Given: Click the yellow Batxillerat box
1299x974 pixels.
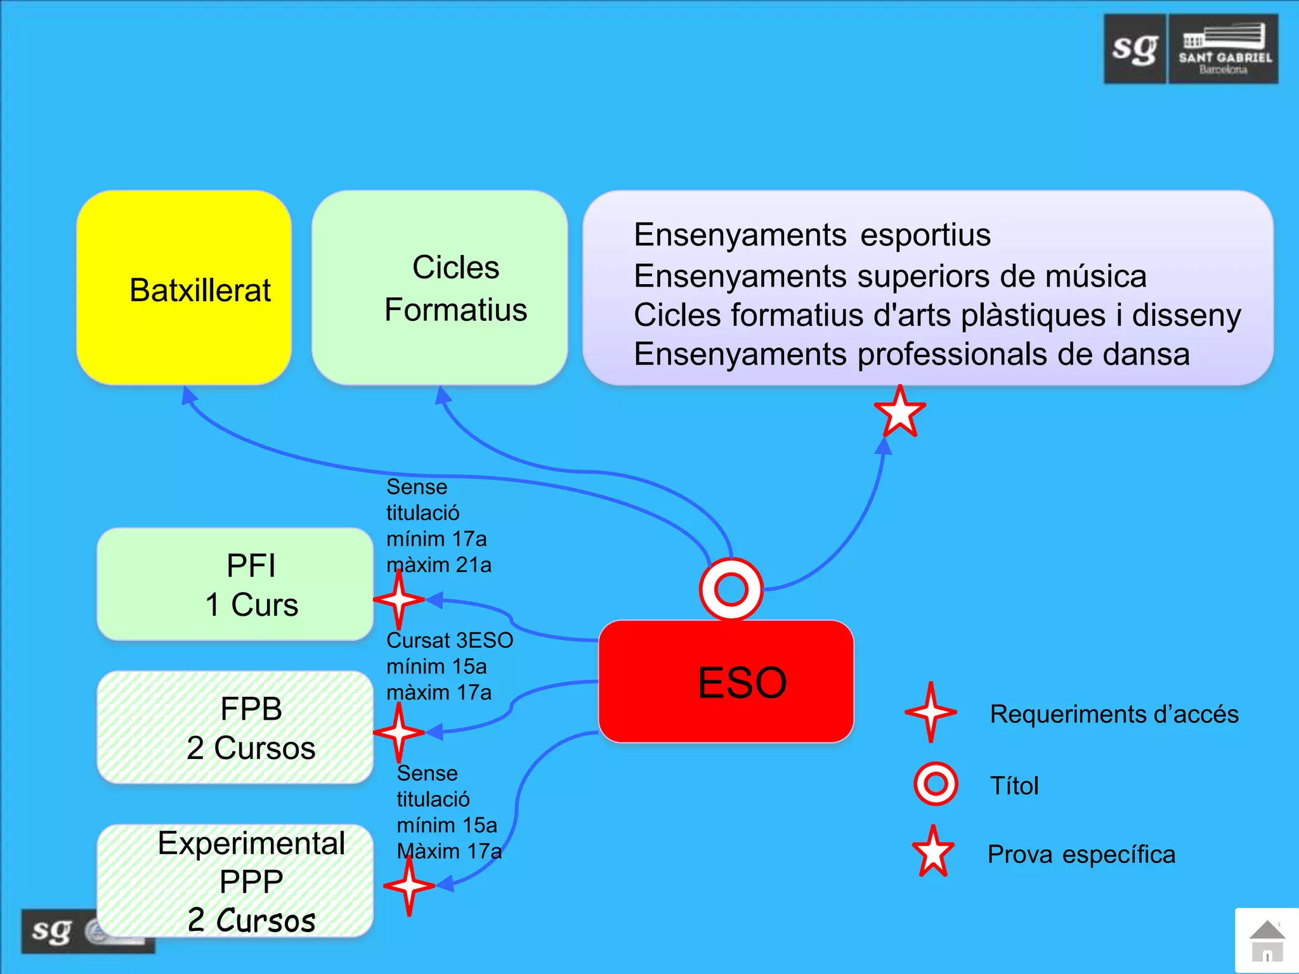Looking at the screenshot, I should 184,289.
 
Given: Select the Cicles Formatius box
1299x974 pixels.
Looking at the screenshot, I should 439,289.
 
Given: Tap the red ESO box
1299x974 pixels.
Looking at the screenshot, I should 726,682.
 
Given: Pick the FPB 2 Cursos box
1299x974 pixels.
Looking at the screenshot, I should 235,728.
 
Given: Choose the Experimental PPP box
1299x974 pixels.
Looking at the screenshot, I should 235,881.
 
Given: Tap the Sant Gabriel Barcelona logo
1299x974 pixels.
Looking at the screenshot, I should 1191,49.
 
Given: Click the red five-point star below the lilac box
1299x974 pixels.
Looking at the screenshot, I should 900,412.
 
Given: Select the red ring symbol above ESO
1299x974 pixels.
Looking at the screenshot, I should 731,589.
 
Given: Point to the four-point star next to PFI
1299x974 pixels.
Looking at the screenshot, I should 398,599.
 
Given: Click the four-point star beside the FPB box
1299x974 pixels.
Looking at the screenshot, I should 398,732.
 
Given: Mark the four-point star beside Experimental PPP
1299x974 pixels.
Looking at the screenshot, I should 409,885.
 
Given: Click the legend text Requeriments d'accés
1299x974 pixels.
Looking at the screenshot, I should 1114,715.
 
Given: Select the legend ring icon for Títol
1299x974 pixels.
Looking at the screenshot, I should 936,784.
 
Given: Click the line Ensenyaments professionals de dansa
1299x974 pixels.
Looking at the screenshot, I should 911,354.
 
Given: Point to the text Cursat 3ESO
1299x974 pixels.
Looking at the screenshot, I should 450,640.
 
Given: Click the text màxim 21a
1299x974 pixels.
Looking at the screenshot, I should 439,565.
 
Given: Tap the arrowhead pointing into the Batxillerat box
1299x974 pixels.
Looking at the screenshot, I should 188,396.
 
